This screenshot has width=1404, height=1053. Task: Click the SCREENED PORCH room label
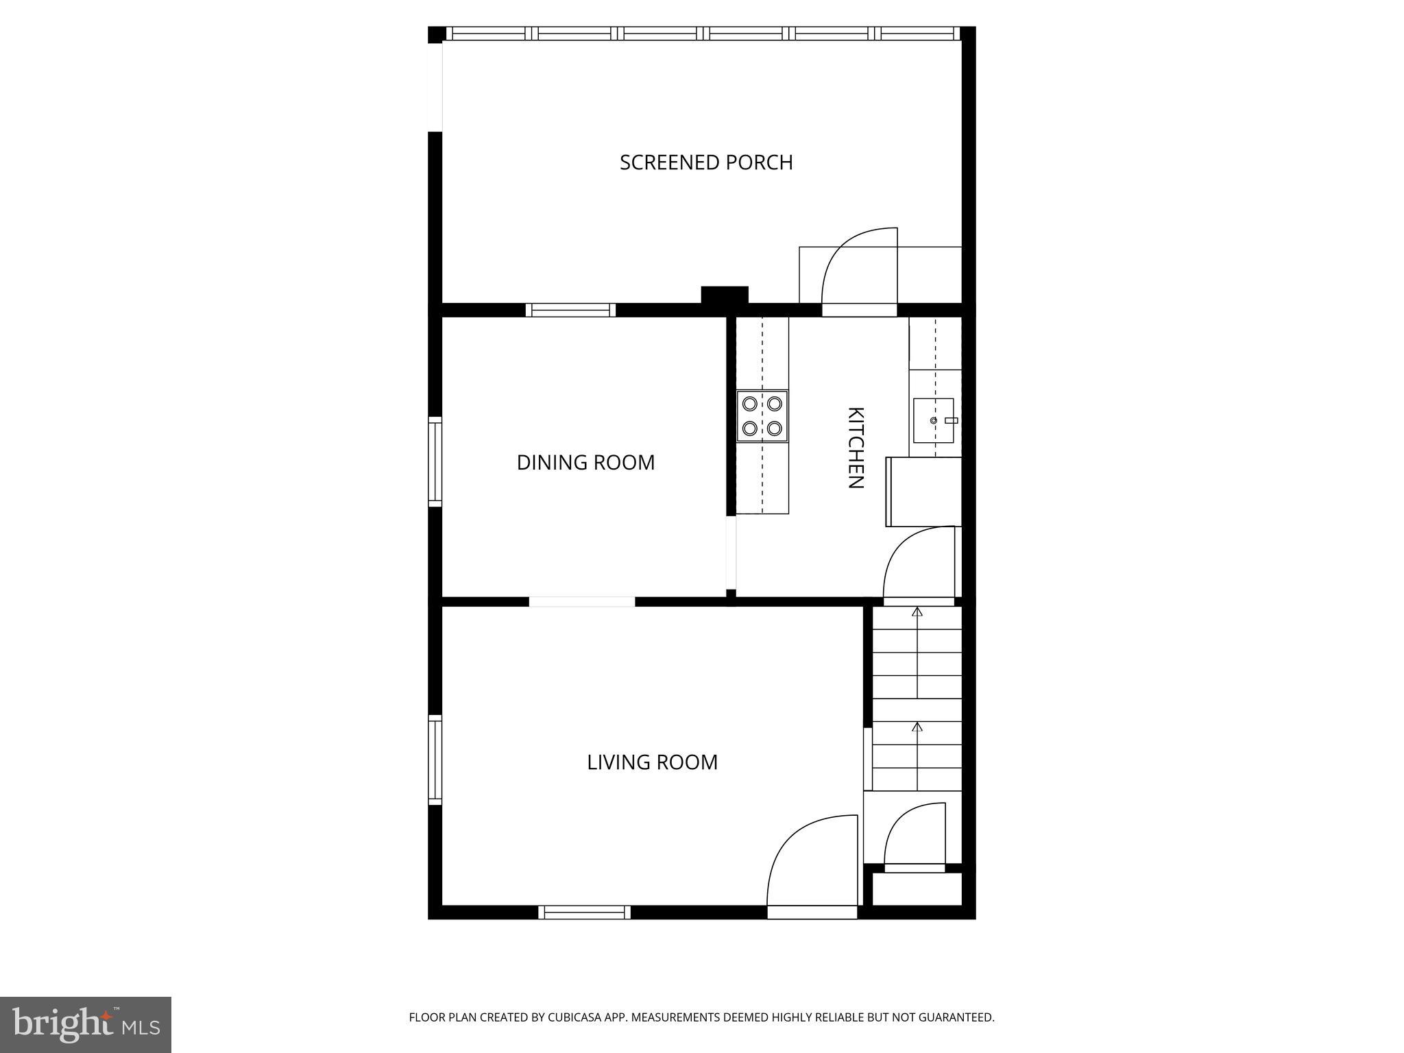[706, 162]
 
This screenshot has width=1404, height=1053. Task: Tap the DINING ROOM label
[585, 463]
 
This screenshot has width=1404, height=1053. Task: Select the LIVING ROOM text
[652, 762]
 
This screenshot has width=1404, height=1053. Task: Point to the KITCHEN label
[856, 448]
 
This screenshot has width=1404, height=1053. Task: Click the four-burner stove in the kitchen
[762, 416]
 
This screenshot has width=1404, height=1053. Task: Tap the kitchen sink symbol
[934, 420]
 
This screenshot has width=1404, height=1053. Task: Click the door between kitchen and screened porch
[859, 274]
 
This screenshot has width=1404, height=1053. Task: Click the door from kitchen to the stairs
[919, 566]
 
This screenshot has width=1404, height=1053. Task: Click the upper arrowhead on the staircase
[917, 612]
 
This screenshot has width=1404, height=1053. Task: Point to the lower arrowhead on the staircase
[917, 727]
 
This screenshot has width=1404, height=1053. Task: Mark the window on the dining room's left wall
[435, 461]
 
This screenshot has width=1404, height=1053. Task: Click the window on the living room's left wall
[435, 760]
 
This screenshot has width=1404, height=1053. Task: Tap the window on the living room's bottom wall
[584, 912]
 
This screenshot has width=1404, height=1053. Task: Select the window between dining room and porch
[570, 310]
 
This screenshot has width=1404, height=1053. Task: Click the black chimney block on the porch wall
[724, 295]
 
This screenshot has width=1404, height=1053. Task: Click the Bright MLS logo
[86, 1024]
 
